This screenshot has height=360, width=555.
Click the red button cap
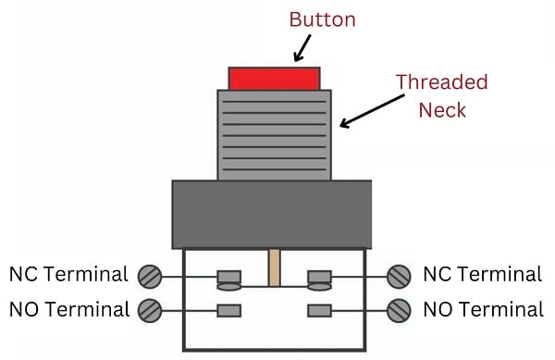click(274, 78)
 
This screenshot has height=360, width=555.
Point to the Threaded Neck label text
click(441, 95)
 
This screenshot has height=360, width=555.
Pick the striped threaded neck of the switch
click(274, 134)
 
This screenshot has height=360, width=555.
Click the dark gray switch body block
click(272, 214)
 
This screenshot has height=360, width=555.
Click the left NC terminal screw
click(150, 276)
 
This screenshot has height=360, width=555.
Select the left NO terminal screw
click(149, 309)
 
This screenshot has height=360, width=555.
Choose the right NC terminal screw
click(400, 276)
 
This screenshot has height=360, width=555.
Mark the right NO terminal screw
click(400, 309)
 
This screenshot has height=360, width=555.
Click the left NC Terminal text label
click(68, 275)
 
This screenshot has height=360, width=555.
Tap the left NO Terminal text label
click(68, 309)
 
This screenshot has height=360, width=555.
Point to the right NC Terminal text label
click(482, 275)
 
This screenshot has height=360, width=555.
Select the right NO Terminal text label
click(482, 309)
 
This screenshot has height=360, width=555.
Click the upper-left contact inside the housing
click(228, 277)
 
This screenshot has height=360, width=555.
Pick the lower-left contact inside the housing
click(228, 309)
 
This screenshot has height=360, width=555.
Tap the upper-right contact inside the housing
click(320, 277)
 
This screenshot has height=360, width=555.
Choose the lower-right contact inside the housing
click(320, 309)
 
